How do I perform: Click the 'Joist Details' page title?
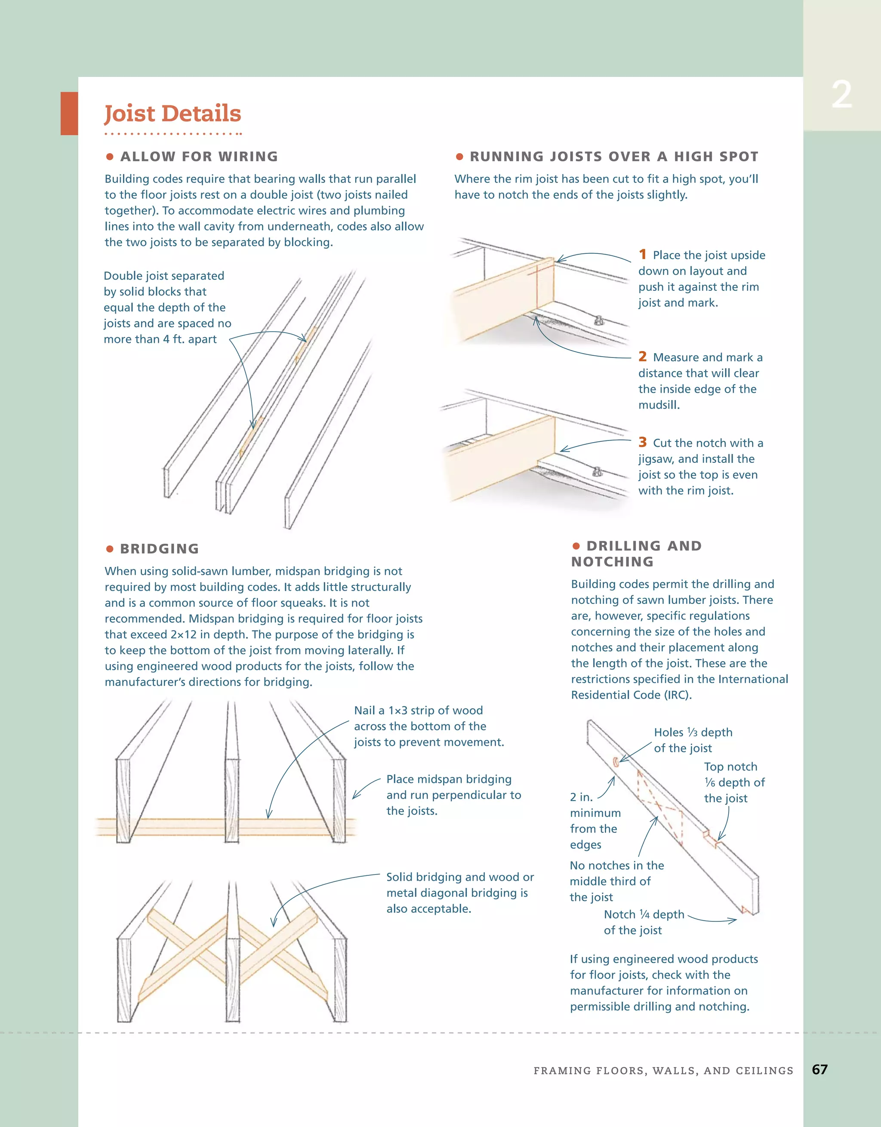[x=173, y=114]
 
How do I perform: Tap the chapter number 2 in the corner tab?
[x=841, y=95]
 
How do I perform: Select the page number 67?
[x=819, y=1069]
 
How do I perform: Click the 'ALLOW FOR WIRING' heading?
[x=199, y=156]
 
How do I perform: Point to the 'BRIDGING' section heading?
[x=159, y=548]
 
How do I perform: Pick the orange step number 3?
[x=643, y=442]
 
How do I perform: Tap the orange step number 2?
[x=643, y=357]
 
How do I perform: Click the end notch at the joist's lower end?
[x=745, y=909]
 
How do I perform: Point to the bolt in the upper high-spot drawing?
[x=599, y=320]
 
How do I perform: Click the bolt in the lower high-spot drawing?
[x=596, y=471]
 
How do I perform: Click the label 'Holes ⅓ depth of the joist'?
[x=693, y=740]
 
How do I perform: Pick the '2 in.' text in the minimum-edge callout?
[x=581, y=797]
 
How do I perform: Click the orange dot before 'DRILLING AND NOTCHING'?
[x=576, y=546]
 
